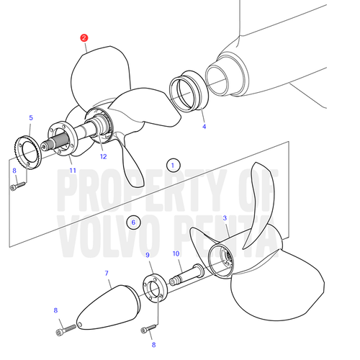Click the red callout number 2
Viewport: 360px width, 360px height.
coord(84,38)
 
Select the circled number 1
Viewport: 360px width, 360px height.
coord(173,166)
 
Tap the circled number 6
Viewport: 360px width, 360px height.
coord(133,222)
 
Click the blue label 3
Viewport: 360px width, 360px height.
coord(225,218)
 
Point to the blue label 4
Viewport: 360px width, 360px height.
coord(204,127)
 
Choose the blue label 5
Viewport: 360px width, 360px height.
coord(31,118)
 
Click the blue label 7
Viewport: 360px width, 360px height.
coord(107,273)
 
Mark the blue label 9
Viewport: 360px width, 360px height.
coord(148,255)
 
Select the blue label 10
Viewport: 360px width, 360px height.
coord(176,253)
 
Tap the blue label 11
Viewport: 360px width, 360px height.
coord(73,171)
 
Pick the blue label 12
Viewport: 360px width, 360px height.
coord(104,157)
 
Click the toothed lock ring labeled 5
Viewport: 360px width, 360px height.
coord(28,153)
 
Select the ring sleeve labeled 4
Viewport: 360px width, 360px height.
coord(189,91)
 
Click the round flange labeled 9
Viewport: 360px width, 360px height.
coord(155,288)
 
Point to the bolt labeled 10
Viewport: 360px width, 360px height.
coord(186,274)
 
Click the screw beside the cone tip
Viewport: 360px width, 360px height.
coord(66,330)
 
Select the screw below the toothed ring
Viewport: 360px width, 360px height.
coord(18,186)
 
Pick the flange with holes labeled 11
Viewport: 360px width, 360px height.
coord(63,138)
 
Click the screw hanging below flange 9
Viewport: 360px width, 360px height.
coord(148,328)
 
